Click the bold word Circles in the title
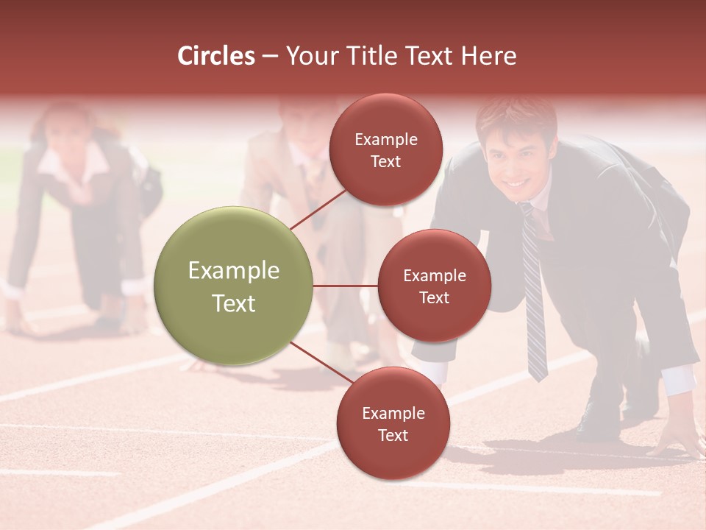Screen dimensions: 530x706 [216, 56]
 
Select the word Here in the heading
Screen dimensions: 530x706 [488, 56]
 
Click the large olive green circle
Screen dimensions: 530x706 [234, 286]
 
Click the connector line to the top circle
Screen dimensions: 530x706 [318, 208]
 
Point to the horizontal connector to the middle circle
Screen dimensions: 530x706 [346, 286]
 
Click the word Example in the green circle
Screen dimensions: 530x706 [234, 271]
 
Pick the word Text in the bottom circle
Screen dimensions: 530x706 [393, 436]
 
